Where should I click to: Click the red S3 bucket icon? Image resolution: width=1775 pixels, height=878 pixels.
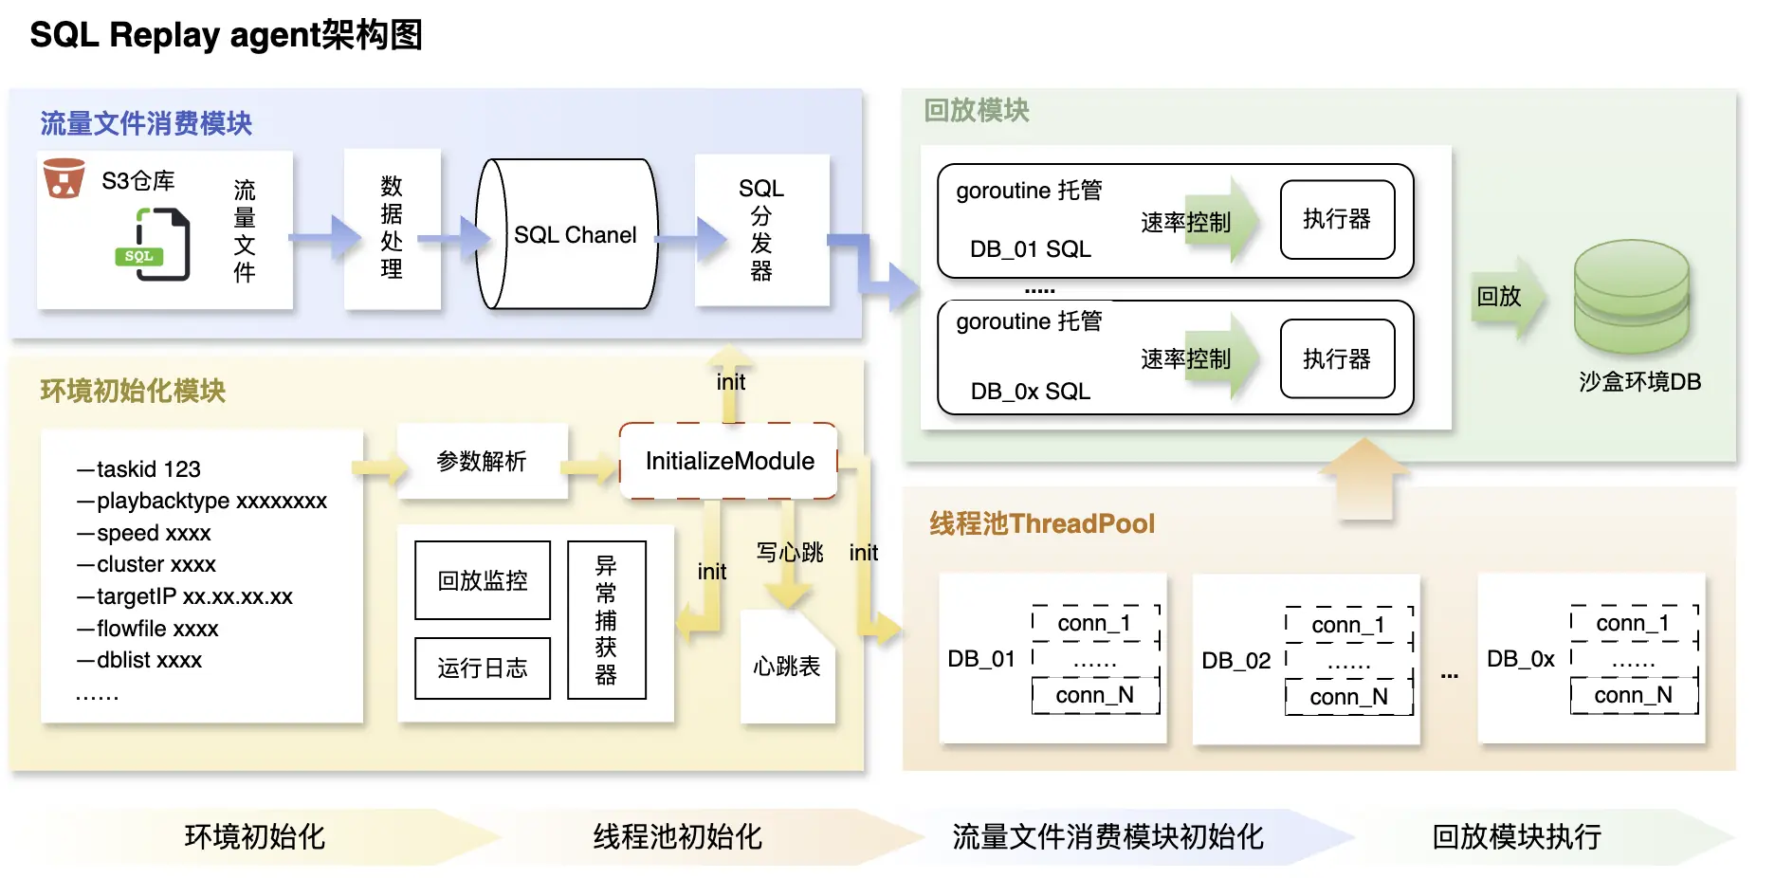(64, 178)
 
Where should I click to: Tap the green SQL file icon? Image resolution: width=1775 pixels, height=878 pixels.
(157, 246)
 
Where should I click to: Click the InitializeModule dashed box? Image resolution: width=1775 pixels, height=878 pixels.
(728, 461)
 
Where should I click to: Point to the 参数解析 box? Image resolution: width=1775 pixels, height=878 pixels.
(482, 462)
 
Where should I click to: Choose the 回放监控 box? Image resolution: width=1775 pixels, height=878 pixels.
(483, 580)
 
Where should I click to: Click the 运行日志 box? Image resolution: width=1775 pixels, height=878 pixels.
(483, 668)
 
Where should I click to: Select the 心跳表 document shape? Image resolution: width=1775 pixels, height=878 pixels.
(787, 667)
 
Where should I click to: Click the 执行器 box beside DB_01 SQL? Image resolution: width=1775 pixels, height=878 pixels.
(1337, 220)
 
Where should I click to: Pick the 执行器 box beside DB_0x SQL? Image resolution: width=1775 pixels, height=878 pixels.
(1337, 358)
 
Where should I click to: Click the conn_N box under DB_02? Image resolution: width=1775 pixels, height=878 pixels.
(1348, 697)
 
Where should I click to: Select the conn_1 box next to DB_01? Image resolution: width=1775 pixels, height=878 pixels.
(1094, 624)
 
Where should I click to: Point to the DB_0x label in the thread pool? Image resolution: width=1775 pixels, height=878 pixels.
(1520, 659)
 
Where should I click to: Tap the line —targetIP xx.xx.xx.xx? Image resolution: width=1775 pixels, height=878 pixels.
(186, 596)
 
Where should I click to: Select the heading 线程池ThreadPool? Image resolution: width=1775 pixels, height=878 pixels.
(1041, 523)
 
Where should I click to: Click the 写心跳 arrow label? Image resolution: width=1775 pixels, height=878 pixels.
(789, 552)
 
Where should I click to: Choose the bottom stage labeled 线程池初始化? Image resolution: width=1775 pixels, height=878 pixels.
(677, 836)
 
